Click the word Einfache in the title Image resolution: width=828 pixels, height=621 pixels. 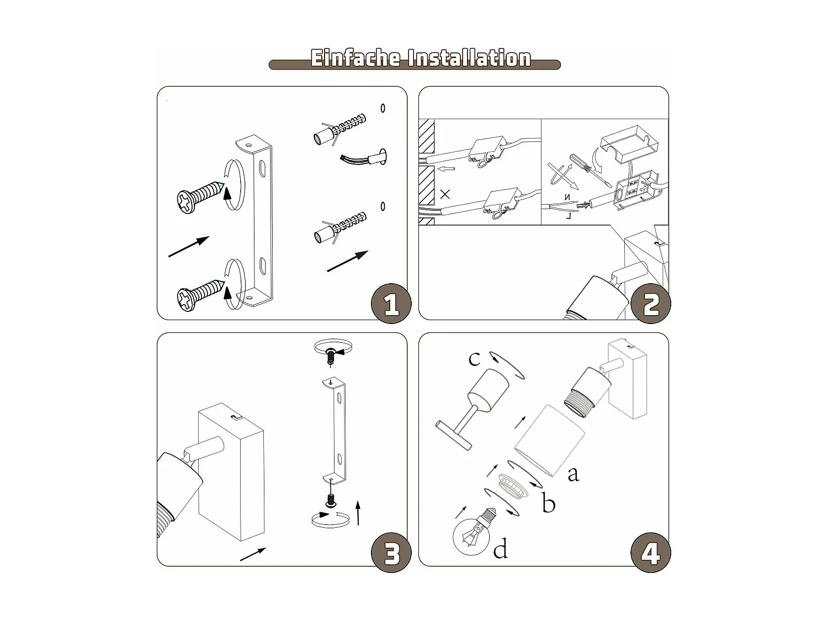click(355, 58)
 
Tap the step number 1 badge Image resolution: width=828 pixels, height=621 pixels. click(391, 304)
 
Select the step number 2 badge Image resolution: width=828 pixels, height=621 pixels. click(651, 304)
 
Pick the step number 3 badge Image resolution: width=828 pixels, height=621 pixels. click(391, 553)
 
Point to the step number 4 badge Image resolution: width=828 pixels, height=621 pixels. click(651, 553)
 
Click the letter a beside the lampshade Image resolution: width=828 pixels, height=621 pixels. click(574, 474)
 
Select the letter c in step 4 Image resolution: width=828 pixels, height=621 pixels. click(474, 359)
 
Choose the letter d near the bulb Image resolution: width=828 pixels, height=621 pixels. click(501, 549)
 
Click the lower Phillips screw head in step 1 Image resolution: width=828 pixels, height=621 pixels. click(187, 300)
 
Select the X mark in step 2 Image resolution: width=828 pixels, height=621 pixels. click(445, 194)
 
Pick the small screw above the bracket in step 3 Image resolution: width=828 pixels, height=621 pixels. click(331, 356)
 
